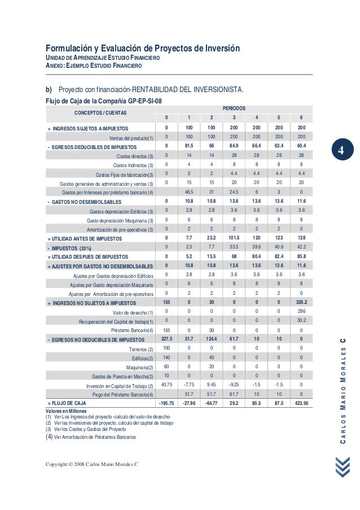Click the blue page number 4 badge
pyautogui.click(x=341, y=152)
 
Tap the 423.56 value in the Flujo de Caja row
pyautogui.click(x=301, y=403)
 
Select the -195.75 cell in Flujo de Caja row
pyautogui.click(x=166, y=403)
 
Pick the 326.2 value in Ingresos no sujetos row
pyautogui.click(x=301, y=303)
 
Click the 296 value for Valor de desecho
pyautogui.click(x=301, y=312)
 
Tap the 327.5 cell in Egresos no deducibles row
pyautogui.click(x=166, y=339)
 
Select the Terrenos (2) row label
pyautogui.click(x=142, y=349)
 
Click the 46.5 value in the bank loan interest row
pyautogui.click(x=188, y=191)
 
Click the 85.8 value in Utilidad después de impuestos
pyautogui.click(x=301, y=256)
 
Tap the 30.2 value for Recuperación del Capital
pyautogui.click(x=301, y=321)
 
